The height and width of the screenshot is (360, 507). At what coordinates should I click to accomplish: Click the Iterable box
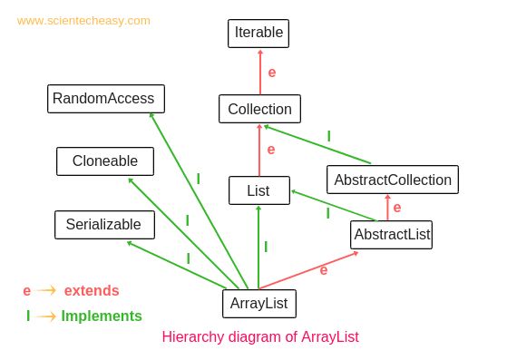coord(259,34)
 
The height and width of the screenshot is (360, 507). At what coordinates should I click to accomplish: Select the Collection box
coord(259,109)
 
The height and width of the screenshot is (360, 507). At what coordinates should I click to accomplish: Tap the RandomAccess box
coord(102,98)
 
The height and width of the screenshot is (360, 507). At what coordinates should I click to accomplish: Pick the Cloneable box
coord(104,161)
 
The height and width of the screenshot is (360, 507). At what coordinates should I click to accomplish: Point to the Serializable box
coord(103,224)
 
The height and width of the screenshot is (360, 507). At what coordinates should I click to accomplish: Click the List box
coord(259,190)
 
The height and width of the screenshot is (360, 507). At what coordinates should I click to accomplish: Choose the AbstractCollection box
coord(392,180)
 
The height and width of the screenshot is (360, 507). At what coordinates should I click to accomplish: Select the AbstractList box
coord(391,235)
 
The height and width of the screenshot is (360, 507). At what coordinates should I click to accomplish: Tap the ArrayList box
coord(258,303)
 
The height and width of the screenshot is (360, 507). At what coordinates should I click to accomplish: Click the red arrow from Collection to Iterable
coord(259,72)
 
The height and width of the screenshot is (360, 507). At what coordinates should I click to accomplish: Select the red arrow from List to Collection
coord(259,150)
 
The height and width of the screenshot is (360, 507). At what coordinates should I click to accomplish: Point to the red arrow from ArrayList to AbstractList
coord(313,272)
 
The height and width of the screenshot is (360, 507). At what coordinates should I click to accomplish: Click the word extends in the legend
coord(91,290)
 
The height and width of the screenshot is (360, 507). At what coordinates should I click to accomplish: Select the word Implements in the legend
coord(102,316)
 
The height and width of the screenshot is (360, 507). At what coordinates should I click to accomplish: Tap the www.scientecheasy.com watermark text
coord(83,20)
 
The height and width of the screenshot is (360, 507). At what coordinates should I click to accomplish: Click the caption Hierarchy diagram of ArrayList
coord(260,336)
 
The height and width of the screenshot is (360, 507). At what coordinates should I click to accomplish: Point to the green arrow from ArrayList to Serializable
coord(181,265)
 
